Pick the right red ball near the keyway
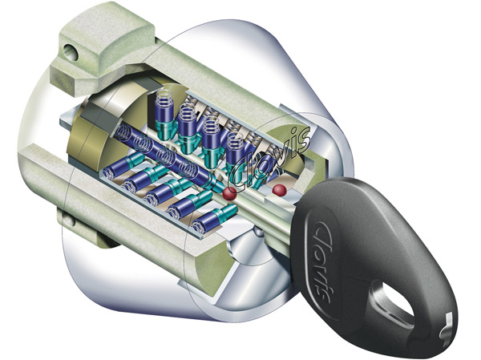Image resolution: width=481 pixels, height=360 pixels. coord(280,190)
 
